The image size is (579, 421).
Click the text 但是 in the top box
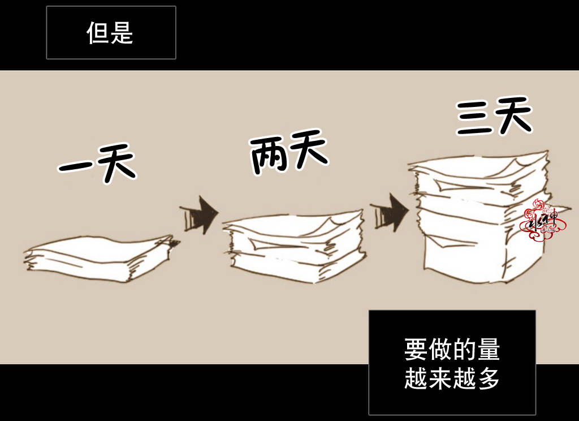tap(110, 33)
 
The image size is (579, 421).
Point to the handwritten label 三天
tap(494, 118)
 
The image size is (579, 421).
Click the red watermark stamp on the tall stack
tap(541, 221)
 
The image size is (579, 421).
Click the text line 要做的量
tap(452, 350)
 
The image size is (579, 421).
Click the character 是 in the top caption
tap(122, 33)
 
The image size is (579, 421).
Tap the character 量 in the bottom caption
tap(489, 350)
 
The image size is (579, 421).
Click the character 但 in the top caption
tap(98, 33)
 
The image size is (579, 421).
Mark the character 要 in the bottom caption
tap(416, 350)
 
